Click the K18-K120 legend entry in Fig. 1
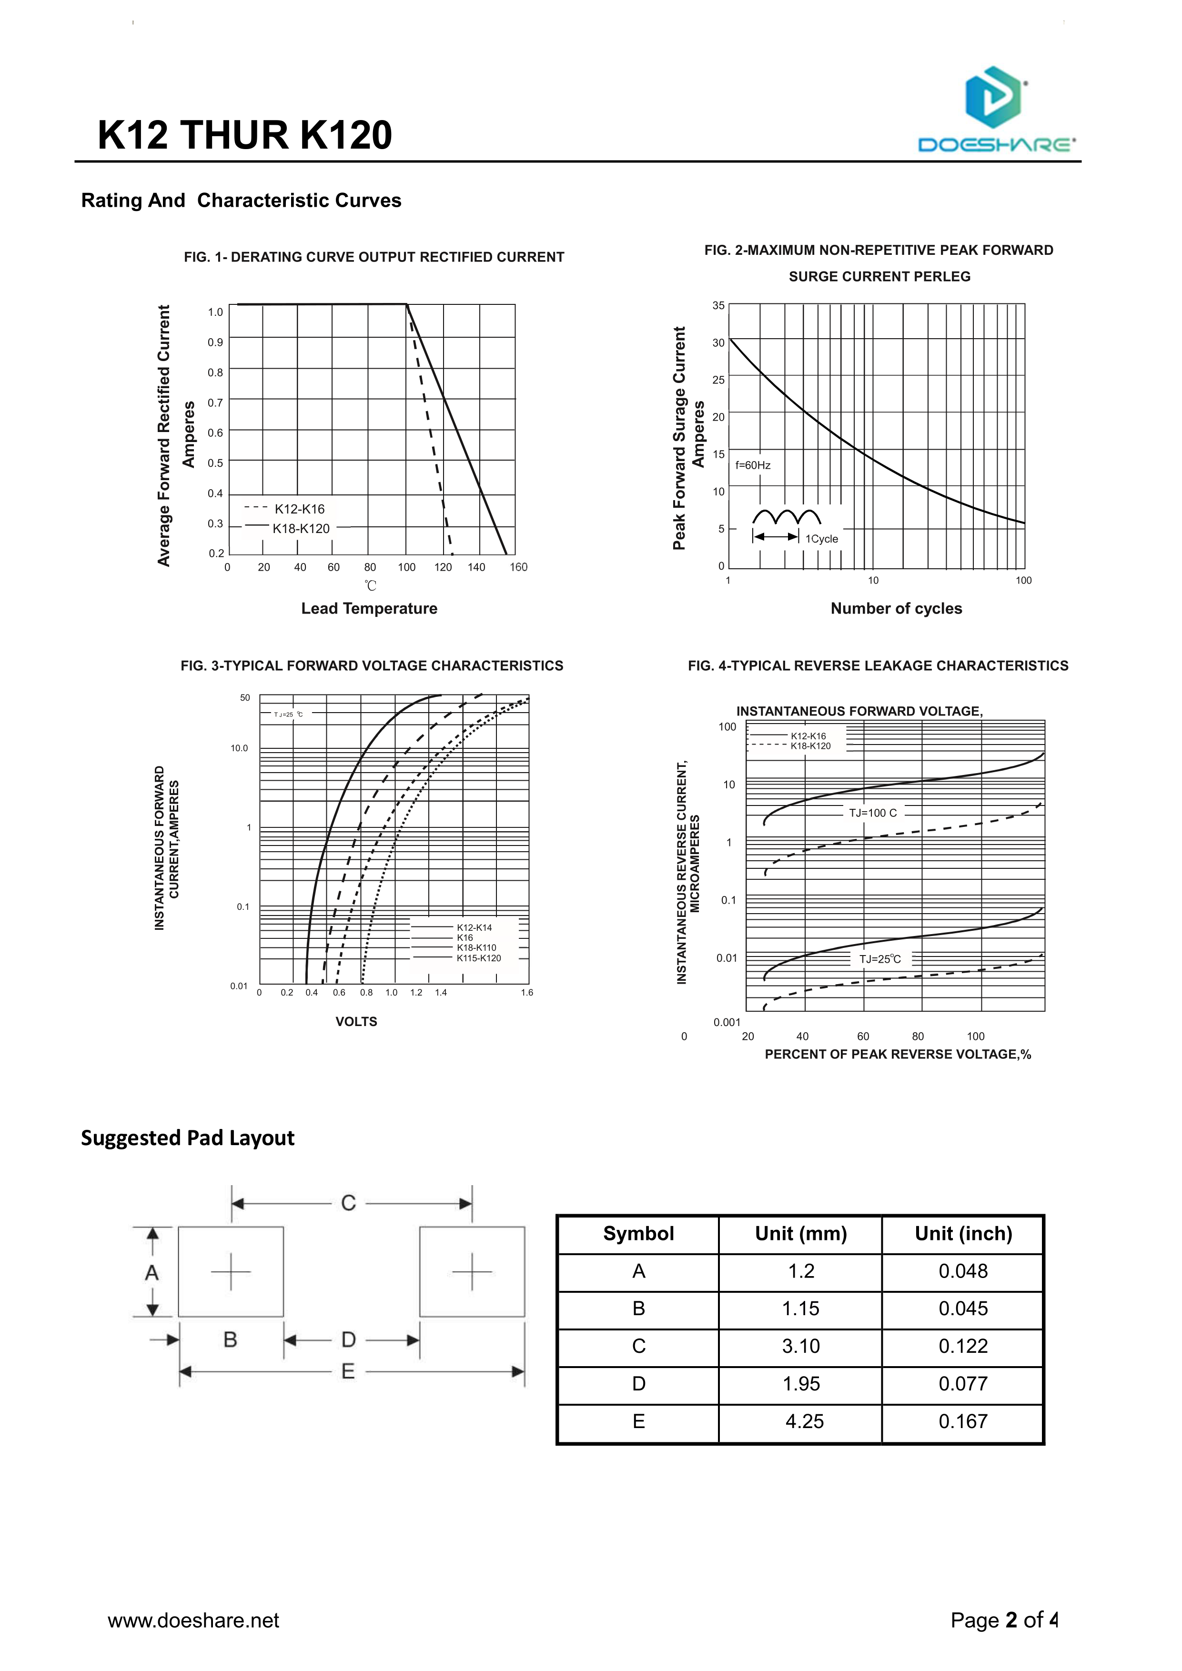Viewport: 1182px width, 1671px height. pyautogui.click(x=301, y=528)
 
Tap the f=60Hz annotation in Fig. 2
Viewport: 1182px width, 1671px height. pyautogui.click(x=753, y=465)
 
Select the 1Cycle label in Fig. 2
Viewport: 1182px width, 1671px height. pyautogui.click(x=822, y=539)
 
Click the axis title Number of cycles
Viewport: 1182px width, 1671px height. pyautogui.click(x=896, y=608)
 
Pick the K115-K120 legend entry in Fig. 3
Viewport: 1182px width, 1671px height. pyautogui.click(x=478, y=958)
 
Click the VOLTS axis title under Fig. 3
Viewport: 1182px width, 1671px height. pyautogui.click(x=356, y=1021)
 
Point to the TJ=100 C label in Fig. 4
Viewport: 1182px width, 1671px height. pyautogui.click(x=873, y=813)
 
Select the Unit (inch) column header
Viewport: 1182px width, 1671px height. pyautogui.click(x=963, y=1234)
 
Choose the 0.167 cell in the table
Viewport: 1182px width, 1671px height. pyautogui.click(x=963, y=1421)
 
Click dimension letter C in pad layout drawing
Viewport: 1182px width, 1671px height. pyautogui.click(x=349, y=1203)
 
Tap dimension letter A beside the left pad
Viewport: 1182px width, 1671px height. pyautogui.click(x=152, y=1272)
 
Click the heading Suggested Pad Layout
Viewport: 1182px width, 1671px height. pyautogui.click(x=188, y=1138)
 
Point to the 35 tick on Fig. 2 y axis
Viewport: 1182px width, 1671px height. pyautogui.click(x=718, y=306)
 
